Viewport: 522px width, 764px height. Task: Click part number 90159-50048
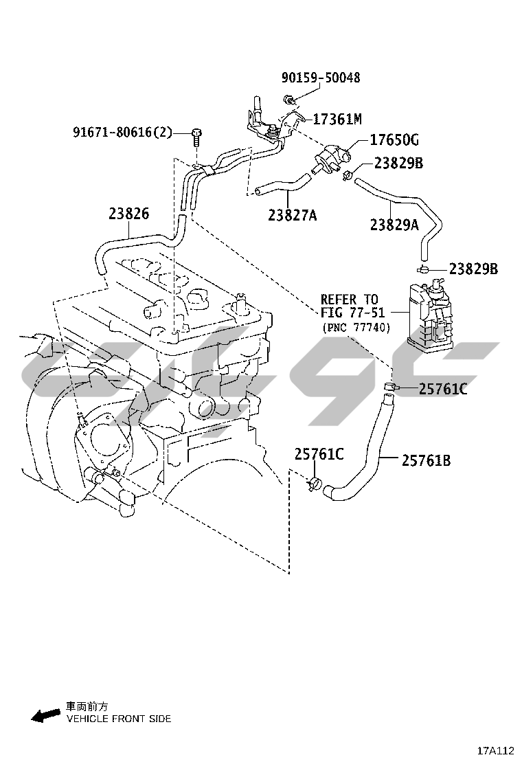tap(320, 78)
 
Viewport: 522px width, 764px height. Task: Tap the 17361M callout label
tap(337, 120)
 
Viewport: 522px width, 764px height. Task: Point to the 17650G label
tap(394, 141)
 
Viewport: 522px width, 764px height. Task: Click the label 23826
tap(128, 214)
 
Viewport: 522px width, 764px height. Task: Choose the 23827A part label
tap(293, 216)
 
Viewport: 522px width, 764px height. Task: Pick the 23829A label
tap(394, 224)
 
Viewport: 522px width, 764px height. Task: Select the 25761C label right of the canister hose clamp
tap(443, 390)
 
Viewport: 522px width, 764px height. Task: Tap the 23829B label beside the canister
tap(474, 269)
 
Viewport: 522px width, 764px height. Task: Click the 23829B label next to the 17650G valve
tap(398, 164)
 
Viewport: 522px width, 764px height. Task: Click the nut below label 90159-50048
tap(291, 102)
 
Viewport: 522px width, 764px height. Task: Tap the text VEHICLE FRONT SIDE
tap(119, 719)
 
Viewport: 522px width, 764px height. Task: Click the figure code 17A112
tap(496, 750)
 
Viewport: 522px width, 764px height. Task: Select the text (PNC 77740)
tap(354, 328)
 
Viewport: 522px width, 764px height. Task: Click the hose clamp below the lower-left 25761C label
tap(315, 484)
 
